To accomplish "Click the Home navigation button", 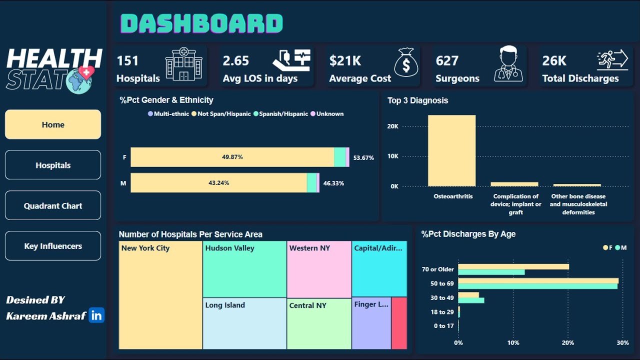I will pos(53,124).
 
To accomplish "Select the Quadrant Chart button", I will pos(53,205).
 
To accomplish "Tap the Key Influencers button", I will pos(53,246).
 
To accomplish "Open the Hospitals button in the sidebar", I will pos(53,165).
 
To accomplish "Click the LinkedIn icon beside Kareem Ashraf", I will pos(96,315).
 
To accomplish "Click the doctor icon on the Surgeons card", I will pos(508,64).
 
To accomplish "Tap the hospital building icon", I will pos(184,64).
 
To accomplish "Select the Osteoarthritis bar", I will pos(451,150).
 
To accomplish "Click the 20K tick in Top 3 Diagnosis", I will pos(392,126).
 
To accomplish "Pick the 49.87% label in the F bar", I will pos(232,157).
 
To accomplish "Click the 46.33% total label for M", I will pos(333,183).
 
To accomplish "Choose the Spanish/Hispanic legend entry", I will pos(280,114).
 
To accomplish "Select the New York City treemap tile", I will pos(160,295).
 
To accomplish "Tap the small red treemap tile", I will pos(399,323).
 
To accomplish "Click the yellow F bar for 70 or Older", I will pos(513,266).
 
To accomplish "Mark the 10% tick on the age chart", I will pos(513,343).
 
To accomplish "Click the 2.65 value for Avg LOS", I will pos(236,61).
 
